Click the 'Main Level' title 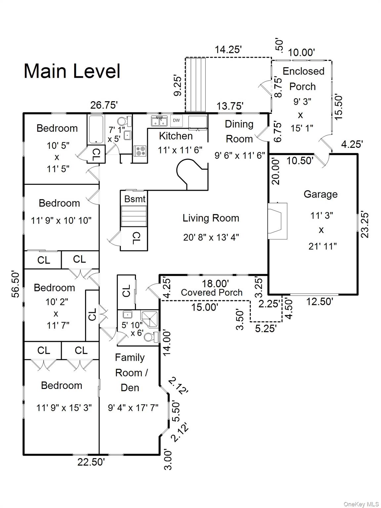72,71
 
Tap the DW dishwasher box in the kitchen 176,121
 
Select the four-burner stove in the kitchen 141,151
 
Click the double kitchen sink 159,121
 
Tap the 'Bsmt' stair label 135,199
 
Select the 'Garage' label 320,194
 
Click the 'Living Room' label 211,218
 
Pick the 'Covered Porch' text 212,292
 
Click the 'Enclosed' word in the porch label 303,71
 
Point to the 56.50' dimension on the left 16,284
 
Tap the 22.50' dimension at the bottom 91,462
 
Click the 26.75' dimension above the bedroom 104,105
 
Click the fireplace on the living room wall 277,221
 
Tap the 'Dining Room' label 239,131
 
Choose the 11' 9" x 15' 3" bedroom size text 64,408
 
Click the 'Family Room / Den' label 130,372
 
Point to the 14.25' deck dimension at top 228,50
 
